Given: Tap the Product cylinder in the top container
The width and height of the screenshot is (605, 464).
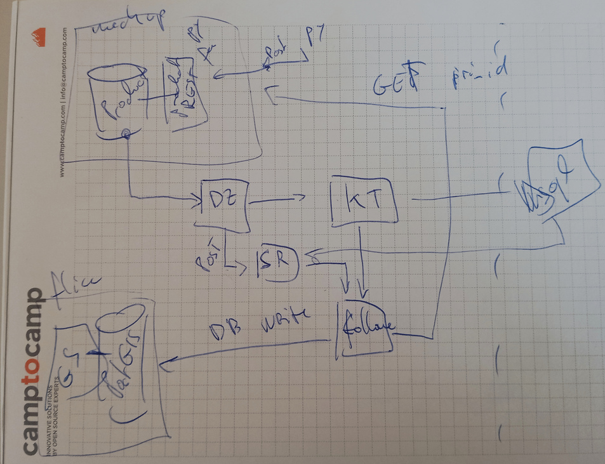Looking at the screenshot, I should (120, 101).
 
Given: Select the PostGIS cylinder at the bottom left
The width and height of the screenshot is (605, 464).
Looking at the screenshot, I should (128, 359).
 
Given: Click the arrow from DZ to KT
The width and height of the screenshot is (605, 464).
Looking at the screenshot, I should (276, 201).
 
